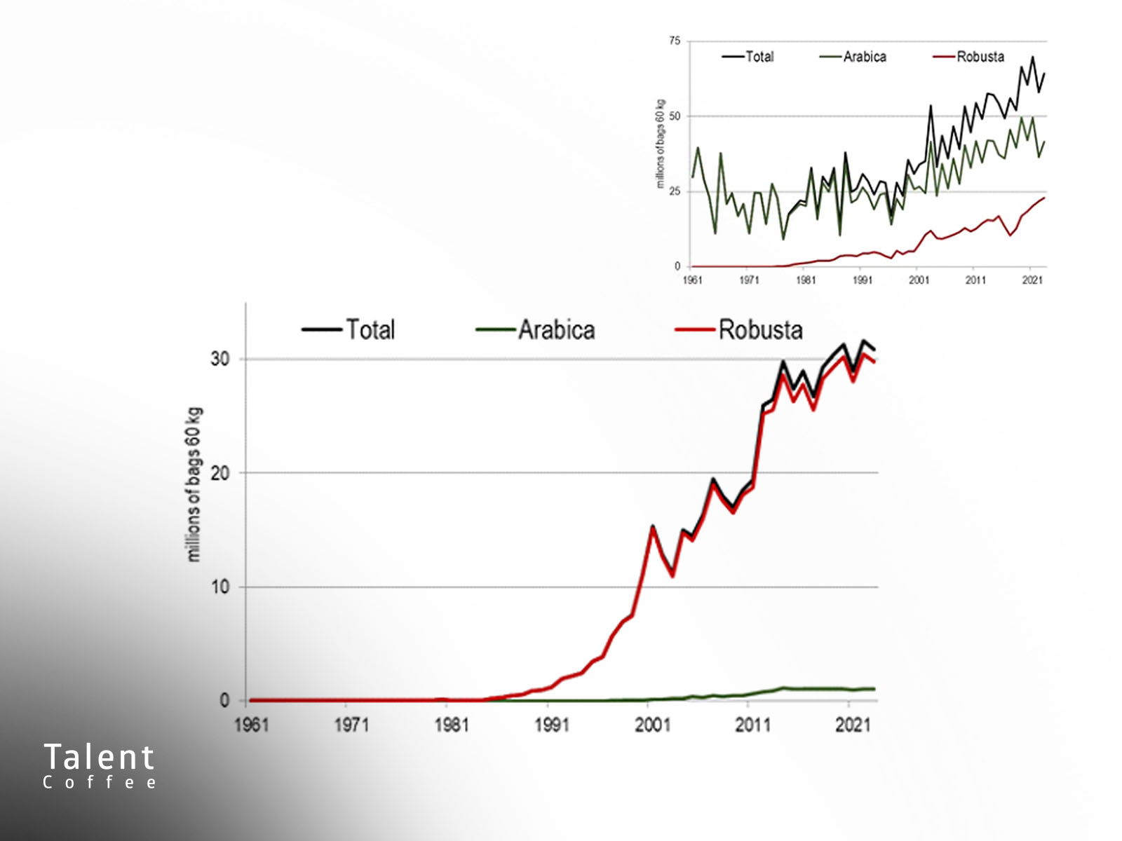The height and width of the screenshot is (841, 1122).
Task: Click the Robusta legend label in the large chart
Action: [760, 330]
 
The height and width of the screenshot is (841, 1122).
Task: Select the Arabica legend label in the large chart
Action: [557, 330]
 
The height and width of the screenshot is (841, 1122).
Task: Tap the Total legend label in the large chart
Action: [370, 330]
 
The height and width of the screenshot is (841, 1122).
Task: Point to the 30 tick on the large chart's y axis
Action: [219, 359]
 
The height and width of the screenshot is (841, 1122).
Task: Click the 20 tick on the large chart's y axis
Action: [219, 473]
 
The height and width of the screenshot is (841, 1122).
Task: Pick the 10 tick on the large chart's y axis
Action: [219, 587]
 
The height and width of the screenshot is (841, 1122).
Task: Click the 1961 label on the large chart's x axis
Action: [252, 725]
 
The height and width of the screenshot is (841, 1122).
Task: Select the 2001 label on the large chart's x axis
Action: [652, 725]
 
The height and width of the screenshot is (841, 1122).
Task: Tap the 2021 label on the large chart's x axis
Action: [853, 725]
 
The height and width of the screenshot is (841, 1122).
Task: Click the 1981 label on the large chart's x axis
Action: [452, 725]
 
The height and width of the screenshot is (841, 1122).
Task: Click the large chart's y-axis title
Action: [195, 484]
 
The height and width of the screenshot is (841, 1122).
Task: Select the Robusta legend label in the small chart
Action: [980, 57]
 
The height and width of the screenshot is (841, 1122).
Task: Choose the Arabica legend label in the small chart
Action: [865, 57]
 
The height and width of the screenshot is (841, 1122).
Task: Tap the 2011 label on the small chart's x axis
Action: [975, 280]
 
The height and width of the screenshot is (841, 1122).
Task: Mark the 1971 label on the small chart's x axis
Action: [749, 280]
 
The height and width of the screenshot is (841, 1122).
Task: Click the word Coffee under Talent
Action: [100, 783]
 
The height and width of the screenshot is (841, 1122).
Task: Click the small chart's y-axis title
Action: [661, 144]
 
